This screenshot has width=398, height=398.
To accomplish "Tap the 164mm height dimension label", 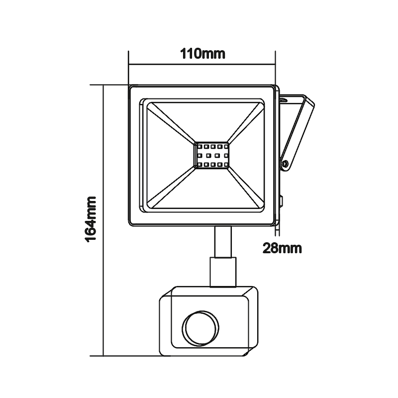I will click(x=92, y=218).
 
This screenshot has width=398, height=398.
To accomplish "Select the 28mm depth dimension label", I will click(x=282, y=247).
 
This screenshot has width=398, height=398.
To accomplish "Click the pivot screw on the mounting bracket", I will click(x=284, y=163).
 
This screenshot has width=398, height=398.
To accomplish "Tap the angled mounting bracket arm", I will click(x=299, y=131).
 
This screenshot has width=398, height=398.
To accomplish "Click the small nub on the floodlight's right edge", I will click(x=281, y=201).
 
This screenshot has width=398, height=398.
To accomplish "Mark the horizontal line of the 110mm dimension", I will click(x=202, y=64).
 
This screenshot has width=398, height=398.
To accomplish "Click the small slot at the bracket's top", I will click(x=284, y=100).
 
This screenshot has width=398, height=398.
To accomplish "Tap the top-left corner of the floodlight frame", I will click(x=131, y=88).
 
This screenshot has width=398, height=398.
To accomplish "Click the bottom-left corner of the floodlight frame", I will click(x=131, y=224).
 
